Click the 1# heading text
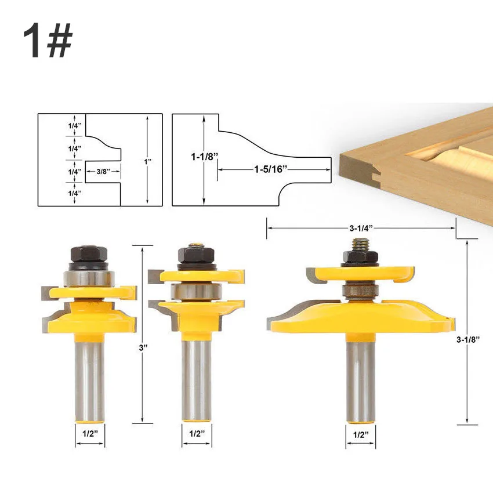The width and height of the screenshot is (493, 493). [48, 40]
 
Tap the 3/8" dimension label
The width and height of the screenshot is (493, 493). [103, 172]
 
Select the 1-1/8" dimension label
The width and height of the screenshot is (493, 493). [204, 157]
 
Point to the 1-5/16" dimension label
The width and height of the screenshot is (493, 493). [271, 169]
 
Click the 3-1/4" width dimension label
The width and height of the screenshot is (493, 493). [361, 228]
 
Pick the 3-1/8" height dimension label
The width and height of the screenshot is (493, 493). [468, 339]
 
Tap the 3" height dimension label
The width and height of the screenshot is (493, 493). [143, 348]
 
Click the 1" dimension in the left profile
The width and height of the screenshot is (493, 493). [147, 162]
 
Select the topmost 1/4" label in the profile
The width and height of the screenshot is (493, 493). [75, 125]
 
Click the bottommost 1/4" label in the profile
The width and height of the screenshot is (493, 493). [75, 193]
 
